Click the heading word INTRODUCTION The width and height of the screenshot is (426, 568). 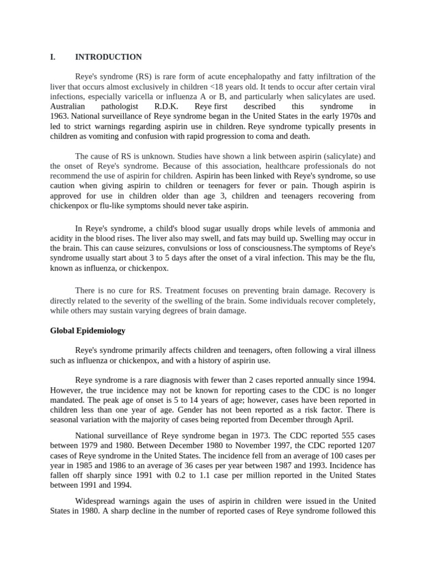click(x=108, y=57)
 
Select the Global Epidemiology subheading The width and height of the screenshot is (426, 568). click(x=88, y=331)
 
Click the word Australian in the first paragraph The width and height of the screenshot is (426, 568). click(x=68, y=106)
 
